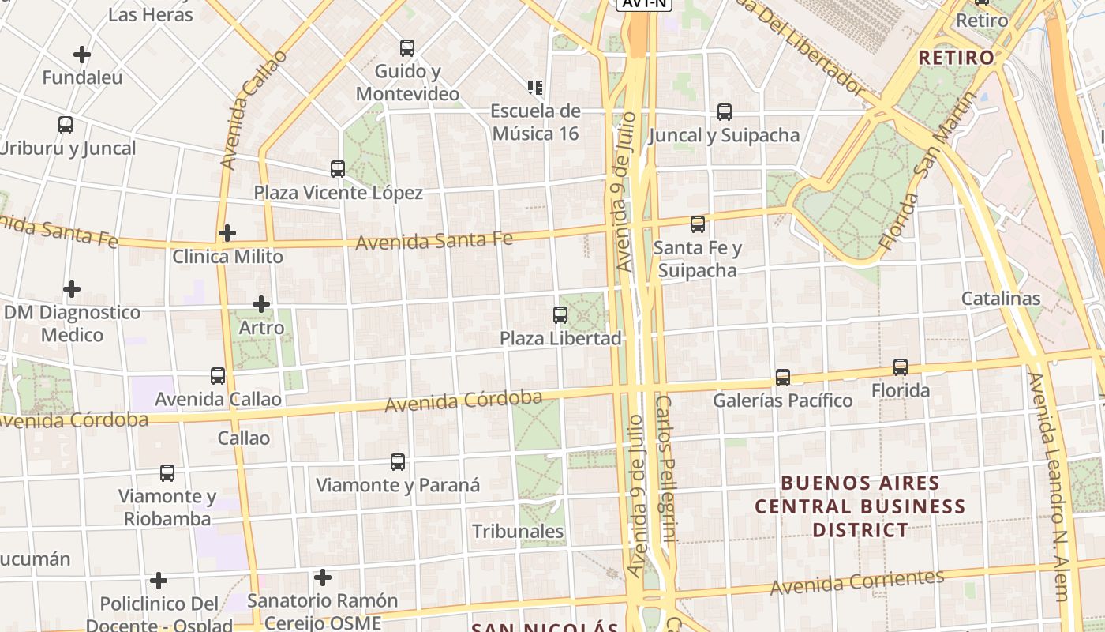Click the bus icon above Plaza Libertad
[560, 315]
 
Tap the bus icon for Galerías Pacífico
[782, 378]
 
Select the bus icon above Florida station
[901, 367]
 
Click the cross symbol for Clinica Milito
[227, 233]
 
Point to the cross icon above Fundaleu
[82, 55]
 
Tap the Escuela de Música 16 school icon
[535, 88]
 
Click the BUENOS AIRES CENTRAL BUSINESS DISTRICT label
[860, 506]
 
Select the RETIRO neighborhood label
[956, 58]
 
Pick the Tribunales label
[518, 531]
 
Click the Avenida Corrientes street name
[856, 583]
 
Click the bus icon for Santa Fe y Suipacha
[698, 224]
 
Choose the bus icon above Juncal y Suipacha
[724, 112]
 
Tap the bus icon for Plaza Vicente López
[338, 169]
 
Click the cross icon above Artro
[261, 304]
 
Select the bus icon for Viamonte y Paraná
[398, 462]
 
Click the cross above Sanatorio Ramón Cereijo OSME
[322, 577]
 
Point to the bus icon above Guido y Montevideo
[407, 48]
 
